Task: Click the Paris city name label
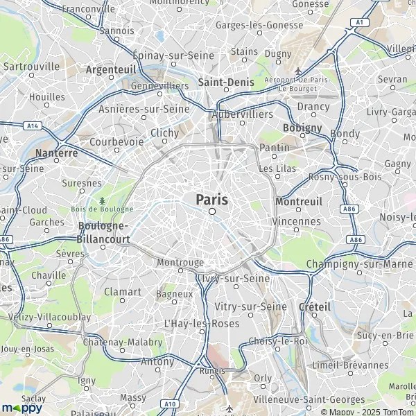pyautogui.click(x=212, y=199)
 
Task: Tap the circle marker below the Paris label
pyautogui.click(x=213, y=211)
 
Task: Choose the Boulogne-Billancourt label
pyautogui.click(x=105, y=231)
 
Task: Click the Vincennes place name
pyautogui.click(x=297, y=222)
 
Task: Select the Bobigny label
pyautogui.click(x=303, y=128)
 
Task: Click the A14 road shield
pyautogui.click(x=31, y=125)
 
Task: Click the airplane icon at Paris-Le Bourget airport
pyautogui.click(x=298, y=71)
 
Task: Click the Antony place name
pyautogui.click(x=157, y=361)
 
